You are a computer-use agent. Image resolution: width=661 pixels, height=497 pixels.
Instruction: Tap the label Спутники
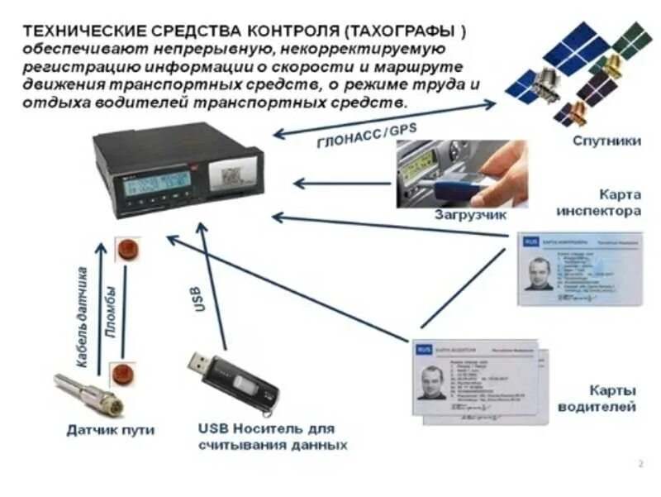click(x=606, y=141)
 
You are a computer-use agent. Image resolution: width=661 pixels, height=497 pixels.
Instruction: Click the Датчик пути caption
click(x=111, y=430)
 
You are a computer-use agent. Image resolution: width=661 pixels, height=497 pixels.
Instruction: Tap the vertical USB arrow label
click(x=199, y=298)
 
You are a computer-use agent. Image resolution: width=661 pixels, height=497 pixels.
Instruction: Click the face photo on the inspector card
click(x=540, y=273)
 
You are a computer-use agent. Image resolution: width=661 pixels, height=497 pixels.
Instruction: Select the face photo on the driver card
click(x=432, y=382)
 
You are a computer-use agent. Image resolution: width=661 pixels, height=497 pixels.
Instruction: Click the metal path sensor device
click(x=88, y=393)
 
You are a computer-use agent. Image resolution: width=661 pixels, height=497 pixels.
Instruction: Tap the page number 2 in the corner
click(x=641, y=463)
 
